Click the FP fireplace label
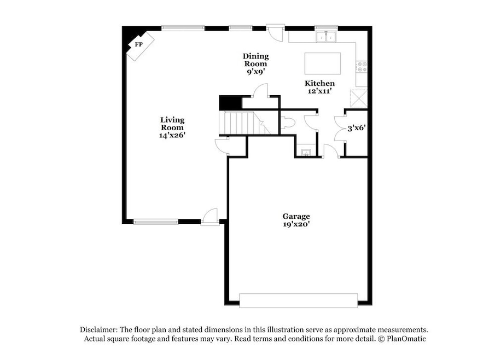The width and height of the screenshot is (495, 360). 138,44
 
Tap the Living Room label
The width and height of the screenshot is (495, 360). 172,124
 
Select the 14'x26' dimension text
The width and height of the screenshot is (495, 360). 172,135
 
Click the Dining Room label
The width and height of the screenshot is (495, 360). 256,60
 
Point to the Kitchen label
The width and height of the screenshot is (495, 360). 319,83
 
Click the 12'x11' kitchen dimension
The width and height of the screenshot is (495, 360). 319,91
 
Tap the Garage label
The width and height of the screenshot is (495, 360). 296,216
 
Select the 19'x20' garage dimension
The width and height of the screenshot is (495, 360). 296,224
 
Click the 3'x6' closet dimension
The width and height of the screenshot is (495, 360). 357,128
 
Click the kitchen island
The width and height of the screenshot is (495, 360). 323,63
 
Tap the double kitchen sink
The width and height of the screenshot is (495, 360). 326,37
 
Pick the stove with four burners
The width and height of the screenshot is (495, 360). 362,67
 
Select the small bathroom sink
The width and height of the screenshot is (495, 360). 306,153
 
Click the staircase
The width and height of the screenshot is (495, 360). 244,123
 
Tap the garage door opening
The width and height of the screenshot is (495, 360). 298,300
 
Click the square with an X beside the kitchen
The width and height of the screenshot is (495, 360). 359,98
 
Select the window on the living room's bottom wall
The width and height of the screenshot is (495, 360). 156,222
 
